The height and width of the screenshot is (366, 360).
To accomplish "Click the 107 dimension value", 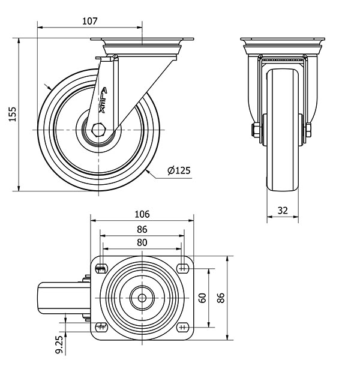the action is point(89,21).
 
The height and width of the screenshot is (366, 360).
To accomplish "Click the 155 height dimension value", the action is point(13,114).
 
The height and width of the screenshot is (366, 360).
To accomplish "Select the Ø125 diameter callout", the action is point(179,170).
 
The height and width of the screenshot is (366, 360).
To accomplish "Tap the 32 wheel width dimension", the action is point(283,211).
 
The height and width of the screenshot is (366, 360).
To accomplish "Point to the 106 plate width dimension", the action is point(142,214).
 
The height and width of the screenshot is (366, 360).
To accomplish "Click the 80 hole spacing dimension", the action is point(142,242).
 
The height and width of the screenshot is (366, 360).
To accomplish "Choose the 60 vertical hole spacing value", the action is point(203,298).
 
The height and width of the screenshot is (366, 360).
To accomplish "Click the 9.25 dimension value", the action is point(60,345).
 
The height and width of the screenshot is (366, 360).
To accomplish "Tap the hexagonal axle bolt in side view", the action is point(99,130).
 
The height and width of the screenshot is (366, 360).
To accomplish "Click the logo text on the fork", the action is point(103,100).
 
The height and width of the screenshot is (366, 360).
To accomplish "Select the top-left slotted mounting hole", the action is point(101,269).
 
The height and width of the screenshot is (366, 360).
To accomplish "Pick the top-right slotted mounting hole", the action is point(183,269).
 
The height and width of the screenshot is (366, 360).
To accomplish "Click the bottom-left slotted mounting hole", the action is point(101,327).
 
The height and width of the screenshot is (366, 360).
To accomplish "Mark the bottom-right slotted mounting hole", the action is point(183,327).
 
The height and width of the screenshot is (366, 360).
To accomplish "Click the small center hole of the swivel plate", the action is point(142,298).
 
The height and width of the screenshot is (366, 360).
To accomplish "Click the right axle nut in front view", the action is point(308,130).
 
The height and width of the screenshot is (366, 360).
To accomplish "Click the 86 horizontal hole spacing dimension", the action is point(142,229).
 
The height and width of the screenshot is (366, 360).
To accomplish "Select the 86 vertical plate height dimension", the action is point(221,298).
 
